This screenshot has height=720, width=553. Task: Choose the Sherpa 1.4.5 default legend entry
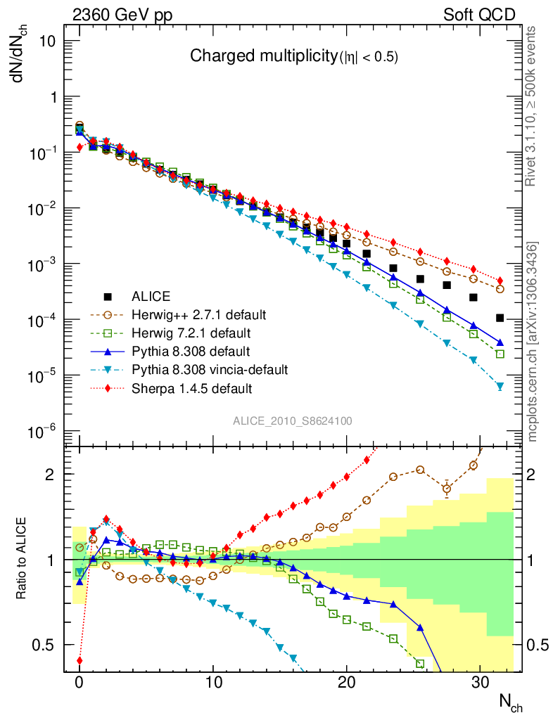pyautogui.click(x=191, y=387)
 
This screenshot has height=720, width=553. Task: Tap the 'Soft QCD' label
pyautogui.click(x=479, y=15)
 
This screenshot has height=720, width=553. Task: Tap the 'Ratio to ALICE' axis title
pyautogui.click(x=21, y=559)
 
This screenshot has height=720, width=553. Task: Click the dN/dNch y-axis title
pyautogui.click(x=23, y=54)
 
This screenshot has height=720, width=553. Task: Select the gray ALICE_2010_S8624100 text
pyautogui.click(x=293, y=420)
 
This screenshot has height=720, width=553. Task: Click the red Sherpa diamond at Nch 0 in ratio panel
pyautogui.click(x=80, y=660)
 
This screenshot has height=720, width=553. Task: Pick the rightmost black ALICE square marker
pyautogui.click(x=500, y=318)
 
